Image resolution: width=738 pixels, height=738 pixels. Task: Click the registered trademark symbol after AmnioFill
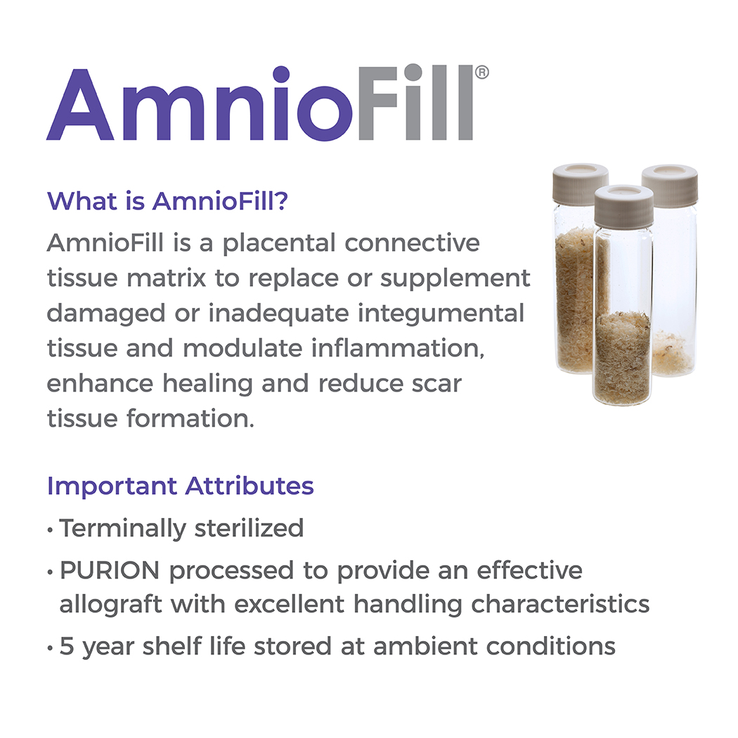pos(481,72)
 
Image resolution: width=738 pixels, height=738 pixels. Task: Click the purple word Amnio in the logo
pos(199,103)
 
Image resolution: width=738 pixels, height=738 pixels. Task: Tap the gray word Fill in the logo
pos(415,102)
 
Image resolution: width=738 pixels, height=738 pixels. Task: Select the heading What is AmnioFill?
pos(167,201)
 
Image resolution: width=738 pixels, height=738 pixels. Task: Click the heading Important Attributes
pos(180,486)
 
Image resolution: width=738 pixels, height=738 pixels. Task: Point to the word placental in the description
pos(278,244)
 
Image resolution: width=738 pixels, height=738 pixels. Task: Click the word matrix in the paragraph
pos(166,278)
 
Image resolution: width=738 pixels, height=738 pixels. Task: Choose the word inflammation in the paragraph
pos(398,349)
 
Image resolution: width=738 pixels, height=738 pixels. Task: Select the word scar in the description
pos(436,384)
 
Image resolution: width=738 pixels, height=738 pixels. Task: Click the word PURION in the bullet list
pos(110,571)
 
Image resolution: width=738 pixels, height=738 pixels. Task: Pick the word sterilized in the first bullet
pos(249,528)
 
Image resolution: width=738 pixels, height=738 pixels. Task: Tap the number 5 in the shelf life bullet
pos(67,646)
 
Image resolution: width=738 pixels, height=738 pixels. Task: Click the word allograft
pos(110,604)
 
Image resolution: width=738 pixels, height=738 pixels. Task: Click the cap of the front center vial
pos(623,205)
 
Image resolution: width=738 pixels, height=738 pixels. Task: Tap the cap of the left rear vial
pos(581,183)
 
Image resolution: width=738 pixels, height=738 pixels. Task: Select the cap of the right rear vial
pos(670,185)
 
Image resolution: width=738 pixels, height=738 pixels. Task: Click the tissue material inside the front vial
pos(623,357)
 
